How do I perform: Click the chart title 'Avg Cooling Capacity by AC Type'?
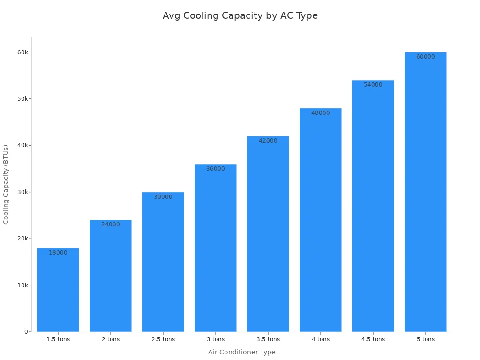(240, 15)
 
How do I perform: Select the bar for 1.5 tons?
(58, 291)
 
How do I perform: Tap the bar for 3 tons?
(216, 248)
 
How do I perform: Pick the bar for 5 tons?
(426, 192)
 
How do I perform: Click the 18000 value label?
(58, 253)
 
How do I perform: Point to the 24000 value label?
(111, 225)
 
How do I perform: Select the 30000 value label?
(163, 197)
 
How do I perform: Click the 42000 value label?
(268, 141)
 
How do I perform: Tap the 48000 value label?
(321, 113)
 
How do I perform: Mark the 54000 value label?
(373, 85)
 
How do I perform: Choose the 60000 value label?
(426, 57)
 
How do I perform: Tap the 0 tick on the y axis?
(27, 332)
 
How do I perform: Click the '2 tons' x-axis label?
(111, 339)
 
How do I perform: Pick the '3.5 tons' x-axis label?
(268, 339)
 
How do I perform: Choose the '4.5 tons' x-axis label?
(373, 339)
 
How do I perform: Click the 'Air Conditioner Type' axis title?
(242, 352)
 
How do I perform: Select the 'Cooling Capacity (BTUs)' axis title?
(6, 184)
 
